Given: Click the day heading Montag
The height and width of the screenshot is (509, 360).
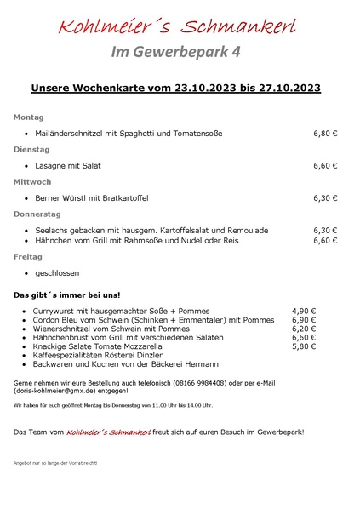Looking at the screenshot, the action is [x=28, y=117].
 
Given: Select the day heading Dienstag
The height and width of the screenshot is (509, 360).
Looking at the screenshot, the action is [x=31, y=149].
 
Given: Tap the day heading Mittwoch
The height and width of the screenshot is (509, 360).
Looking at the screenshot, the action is [x=32, y=181].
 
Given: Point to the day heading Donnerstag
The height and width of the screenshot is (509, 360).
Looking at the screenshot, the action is [x=37, y=214].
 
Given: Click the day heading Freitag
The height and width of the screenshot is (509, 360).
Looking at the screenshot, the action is [x=27, y=255].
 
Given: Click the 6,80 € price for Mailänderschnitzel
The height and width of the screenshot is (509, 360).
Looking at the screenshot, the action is [x=325, y=133].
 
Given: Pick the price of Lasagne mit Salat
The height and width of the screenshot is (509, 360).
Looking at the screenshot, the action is [x=325, y=165].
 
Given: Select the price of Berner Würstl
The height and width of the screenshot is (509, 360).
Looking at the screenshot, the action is [x=325, y=197].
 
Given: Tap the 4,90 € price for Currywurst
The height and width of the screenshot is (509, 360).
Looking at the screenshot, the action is [x=304, y=311].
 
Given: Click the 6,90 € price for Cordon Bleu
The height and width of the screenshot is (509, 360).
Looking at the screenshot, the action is [x=304, y=319].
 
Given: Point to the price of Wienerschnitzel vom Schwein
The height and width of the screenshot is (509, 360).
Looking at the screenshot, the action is [x=304, y=329].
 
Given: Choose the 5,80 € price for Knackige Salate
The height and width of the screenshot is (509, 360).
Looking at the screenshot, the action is [x=304, y=346].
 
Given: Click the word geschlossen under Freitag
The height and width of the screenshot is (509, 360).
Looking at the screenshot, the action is [x=57, y=272].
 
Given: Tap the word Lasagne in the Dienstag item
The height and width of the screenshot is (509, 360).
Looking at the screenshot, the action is [x=51, y=165].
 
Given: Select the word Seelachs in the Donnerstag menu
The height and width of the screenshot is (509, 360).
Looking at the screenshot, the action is [x=52, y=230].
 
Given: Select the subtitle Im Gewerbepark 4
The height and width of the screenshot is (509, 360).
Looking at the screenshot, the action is [x=176, y=52].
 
